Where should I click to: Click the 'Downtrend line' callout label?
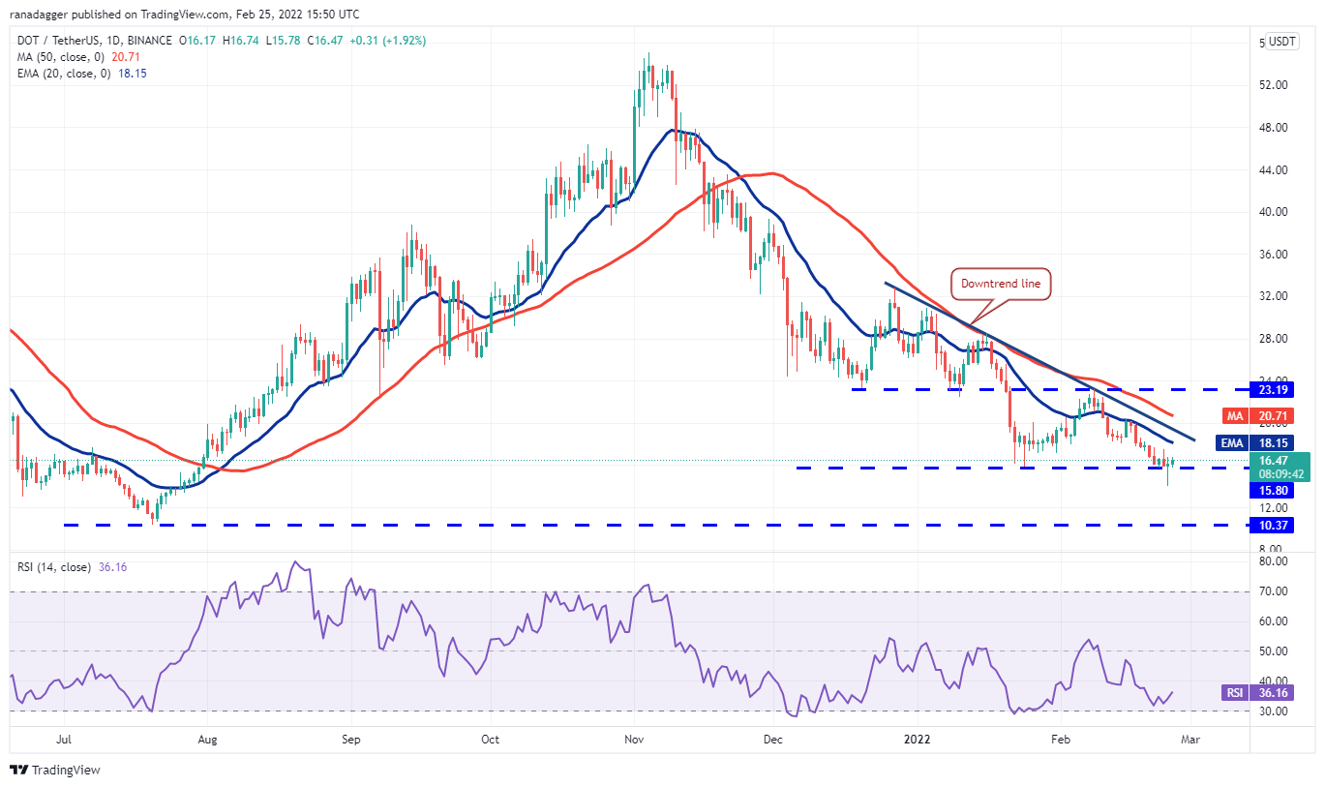pos(1002,285)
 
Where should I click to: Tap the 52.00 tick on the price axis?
pos(1273,85)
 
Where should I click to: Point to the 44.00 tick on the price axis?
pos(1273,170)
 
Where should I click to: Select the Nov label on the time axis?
pos(634,740)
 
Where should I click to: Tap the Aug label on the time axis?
pos(207,740)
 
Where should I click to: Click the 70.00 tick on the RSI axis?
pos(1273,591)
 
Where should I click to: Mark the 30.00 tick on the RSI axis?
pos(1273,711)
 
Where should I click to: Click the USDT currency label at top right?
pos(1282,42)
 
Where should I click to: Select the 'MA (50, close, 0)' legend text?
pos(61,57)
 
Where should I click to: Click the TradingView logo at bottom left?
pos(55,771)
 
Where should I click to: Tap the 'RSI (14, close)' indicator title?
pos(54,567)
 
